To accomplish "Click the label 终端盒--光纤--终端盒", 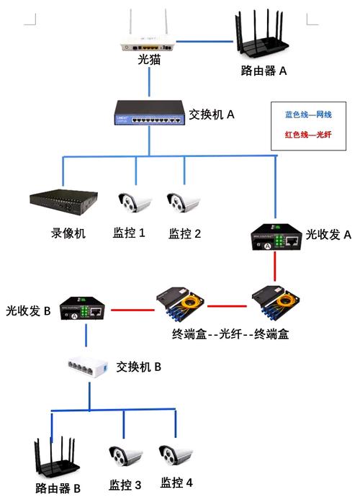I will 230,334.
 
